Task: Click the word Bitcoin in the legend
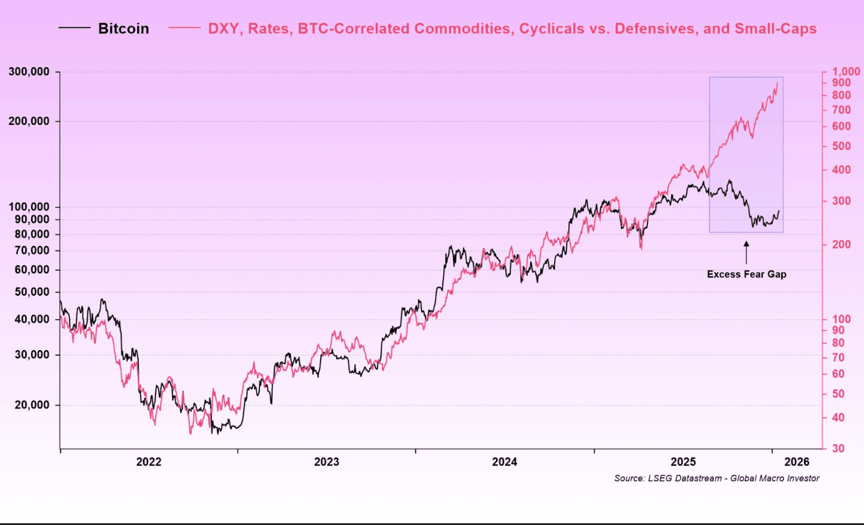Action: [123, 29]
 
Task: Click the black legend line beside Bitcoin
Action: [74, 28]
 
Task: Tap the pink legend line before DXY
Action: [184, 28]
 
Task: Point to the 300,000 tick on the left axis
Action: [29, 72]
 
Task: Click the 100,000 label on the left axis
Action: [29, 207]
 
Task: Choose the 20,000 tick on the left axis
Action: [32, 405]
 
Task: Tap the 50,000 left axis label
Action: [32, 292]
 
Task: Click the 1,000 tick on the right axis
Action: [846, 72]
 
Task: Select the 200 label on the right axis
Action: [841, 244]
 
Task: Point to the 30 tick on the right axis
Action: [838, 448]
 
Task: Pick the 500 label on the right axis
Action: [841, 146]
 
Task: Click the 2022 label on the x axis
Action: [148, 462]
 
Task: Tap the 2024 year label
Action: [504, 462]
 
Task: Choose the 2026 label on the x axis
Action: [796, 462]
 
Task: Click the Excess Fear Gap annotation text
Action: [746, 274]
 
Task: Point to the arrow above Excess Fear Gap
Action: [746, 252]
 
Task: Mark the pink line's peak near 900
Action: [777, 83]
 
